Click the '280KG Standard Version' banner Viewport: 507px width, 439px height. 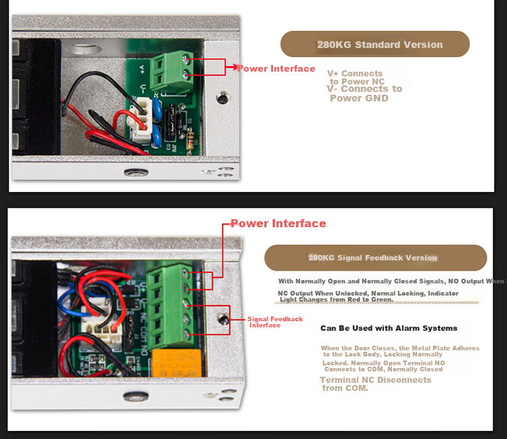[375, 44]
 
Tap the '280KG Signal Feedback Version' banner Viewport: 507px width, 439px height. [376, 258]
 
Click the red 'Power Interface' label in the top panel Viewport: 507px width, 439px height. [276, 68]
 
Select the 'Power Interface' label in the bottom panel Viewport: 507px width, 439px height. [279, 223]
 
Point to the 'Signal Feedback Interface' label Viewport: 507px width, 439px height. [275, 322]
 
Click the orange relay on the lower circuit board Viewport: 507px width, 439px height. [177, 363]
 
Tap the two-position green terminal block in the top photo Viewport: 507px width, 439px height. [172, 71]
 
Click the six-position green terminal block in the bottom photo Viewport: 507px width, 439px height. [170, 306]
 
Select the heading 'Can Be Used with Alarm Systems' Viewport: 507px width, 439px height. [389, 328]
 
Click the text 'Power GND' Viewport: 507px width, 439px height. [359, 98]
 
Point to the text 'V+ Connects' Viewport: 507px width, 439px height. [355, 74]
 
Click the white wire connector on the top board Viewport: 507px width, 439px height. [141, 119]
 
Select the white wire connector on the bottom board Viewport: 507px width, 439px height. [101, 327]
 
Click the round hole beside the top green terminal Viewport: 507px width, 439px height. [222, 97]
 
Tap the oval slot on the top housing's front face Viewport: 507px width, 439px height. [136, 172]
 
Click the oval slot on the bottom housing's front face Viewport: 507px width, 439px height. [136, 396]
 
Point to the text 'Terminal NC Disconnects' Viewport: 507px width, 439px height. [376, 379]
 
